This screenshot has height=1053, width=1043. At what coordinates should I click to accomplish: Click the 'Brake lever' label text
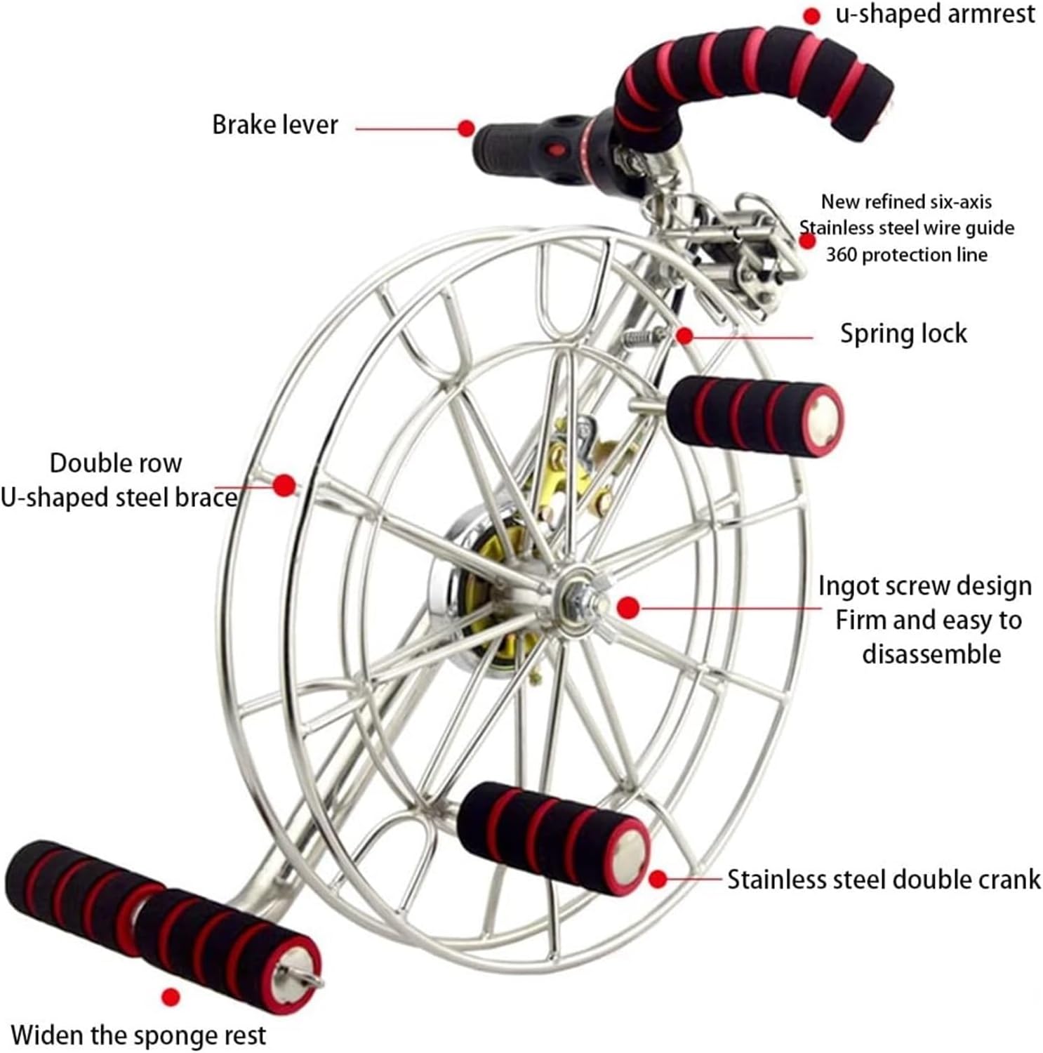(x=275, y=125)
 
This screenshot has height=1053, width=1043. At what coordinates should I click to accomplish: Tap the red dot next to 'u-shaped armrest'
(x=811, y=16)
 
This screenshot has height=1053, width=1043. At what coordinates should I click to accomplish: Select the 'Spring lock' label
(x=903, y=333)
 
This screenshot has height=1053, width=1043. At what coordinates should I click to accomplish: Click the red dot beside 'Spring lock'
(x=685, y=336)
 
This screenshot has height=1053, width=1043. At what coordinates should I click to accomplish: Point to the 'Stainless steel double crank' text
(x=883, y=880)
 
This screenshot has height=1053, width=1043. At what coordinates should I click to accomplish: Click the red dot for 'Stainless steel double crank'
(x=658, y=879)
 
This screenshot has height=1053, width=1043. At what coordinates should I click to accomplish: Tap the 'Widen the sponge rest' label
(x=138, y=1035)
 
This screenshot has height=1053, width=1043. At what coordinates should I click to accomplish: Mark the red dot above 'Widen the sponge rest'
(x=171, y=997)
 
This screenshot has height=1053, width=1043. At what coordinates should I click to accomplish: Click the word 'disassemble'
(x=931, y=654)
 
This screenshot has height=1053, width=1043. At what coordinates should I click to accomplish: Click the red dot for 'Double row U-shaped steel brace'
(x=284, y=485)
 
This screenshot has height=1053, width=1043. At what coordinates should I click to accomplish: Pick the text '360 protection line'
(x=906, y=255)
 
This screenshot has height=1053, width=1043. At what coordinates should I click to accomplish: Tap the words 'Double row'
(x=116, y=463)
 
